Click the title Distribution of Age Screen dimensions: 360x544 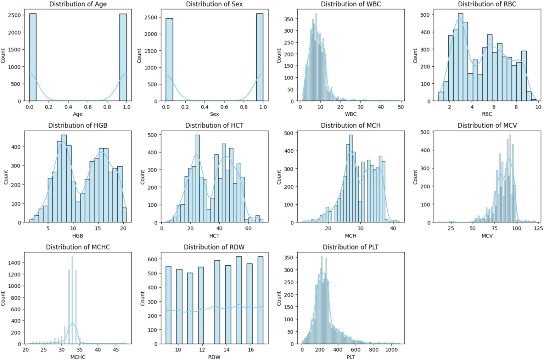[x=78, y=4]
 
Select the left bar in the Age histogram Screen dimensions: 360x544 [x=33, y=57]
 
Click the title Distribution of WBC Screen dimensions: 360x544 [x=350, y=4]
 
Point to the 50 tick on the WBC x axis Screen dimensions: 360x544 [x=400, y=107]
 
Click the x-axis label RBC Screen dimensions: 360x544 [x=487, y=114]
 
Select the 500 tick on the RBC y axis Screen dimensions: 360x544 [x=425, y=15]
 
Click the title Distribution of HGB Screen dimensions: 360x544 [x=78, y=126]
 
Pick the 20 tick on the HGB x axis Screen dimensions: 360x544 [x=123, y=229]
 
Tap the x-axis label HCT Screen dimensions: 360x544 [x=214, y=236]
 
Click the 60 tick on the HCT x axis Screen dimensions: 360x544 [x=248, y=229]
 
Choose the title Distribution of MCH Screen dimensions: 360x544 [x=350, y=126]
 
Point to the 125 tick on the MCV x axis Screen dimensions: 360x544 [x=538, y=229]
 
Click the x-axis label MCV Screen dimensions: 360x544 [x=487, y=236]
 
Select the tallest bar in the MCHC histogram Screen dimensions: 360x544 [x=72, y=301]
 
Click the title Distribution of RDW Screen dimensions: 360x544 [x=214, y=247]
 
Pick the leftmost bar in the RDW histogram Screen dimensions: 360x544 [x=168, y=305]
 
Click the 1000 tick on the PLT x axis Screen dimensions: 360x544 [x=391, y=350]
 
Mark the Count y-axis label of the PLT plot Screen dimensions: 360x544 [x=279, y=299]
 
